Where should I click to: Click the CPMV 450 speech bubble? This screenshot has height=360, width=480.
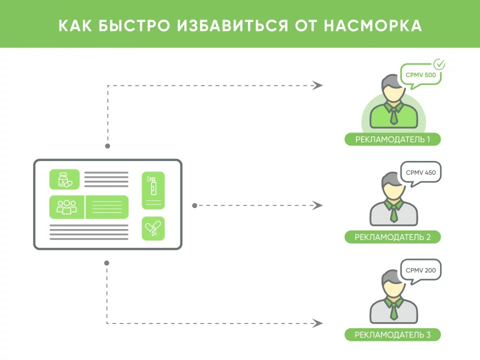421,172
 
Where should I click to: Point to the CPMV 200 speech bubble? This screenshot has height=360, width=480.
421,270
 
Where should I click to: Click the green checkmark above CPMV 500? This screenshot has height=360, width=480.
439,64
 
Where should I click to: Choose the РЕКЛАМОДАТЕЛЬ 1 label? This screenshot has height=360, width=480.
392,139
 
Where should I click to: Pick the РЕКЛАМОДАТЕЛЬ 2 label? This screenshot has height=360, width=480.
392,236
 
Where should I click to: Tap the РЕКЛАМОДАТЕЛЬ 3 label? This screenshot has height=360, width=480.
392,334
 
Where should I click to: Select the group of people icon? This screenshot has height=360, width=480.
67,207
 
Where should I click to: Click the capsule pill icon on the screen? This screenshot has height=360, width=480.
153,228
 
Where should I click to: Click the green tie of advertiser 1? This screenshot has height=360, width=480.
393,116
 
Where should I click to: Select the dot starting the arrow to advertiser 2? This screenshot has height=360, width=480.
194,205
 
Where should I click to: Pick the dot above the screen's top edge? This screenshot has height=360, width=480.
107,146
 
